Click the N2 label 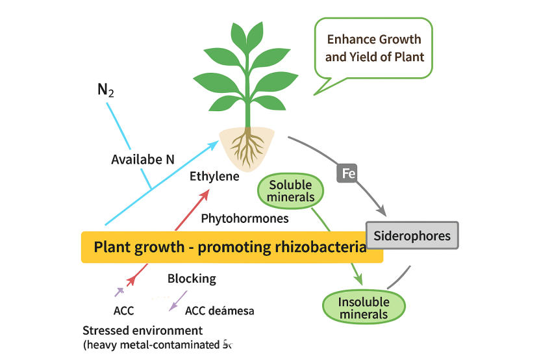click(105, 90)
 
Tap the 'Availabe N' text click(142, 159)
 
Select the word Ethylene click(214, 176)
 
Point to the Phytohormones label click(245, 218)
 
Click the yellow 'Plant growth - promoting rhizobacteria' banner click(232, 248)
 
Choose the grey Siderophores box click(412, 235)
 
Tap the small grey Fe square click(346, 174)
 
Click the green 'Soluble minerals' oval click(290, 191)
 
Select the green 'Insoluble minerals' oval click(364, 307)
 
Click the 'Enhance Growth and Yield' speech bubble click(373, 48)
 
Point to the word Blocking click(192, 279)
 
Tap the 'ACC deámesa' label click(219, 311)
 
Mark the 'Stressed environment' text click(142, 330)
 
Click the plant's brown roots click(246, 148)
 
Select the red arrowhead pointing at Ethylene click(206, 194)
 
